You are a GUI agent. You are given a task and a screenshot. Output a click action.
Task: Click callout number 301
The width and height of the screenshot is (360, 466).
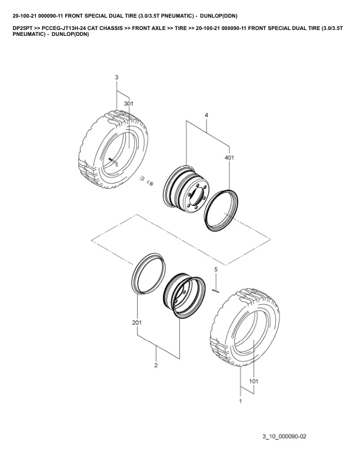click(129, 104)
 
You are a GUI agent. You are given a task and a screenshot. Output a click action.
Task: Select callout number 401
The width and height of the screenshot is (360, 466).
click(229, 157)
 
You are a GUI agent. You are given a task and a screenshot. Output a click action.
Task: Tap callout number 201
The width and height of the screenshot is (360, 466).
click(137, 322)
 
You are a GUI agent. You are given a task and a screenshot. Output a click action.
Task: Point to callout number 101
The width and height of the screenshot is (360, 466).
click(254, 381)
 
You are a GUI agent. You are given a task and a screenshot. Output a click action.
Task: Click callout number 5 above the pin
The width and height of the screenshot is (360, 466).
click(216, 269)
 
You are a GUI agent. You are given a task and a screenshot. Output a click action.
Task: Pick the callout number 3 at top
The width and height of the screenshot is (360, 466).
click(116, 77)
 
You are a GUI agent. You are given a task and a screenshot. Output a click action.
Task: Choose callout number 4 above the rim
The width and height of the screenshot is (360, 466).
click(206, 115)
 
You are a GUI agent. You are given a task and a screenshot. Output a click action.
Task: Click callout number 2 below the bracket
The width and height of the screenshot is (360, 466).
click(156, 365)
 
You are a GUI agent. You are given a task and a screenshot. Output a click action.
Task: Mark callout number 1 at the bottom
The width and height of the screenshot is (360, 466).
click(241, 401)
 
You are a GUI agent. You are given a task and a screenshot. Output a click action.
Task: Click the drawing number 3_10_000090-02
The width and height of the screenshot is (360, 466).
click(284, 436)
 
